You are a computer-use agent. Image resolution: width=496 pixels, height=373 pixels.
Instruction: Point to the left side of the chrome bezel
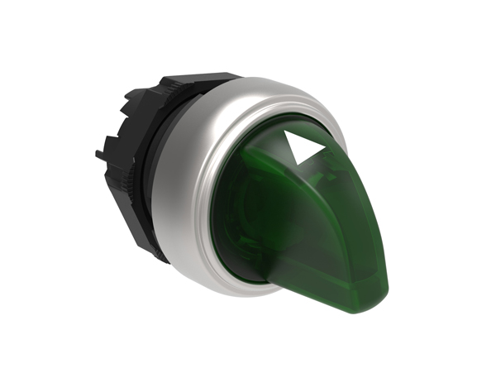(178, 198)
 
